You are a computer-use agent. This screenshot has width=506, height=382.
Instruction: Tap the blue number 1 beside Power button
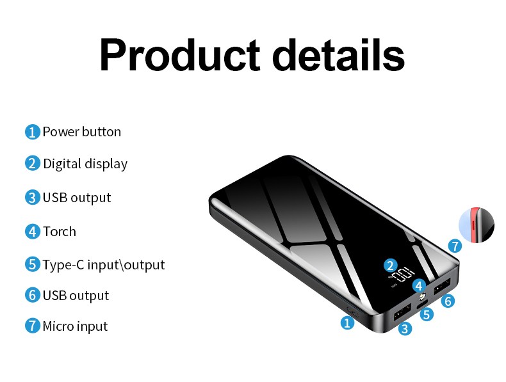pyautogui.click(x=33, y=132)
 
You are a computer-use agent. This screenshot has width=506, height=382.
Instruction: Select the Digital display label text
pyautogui.click(x=85, y=164)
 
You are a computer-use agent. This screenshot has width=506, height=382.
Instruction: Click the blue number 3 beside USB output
pyautogui.click(x=33, y=198)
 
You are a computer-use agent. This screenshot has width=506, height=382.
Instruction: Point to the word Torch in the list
pyautogui.click(x=60, y=232)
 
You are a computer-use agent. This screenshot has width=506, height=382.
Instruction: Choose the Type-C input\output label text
pyautogui.click(x=104, y=265)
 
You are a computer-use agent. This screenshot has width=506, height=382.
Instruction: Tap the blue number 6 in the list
pyautogui.click(x=33, y=296)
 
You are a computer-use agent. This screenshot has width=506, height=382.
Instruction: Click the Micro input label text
pyautogui.click(x=75, y=326)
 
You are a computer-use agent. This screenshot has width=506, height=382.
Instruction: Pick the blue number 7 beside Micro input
pyautogui.click(x=33, y=326)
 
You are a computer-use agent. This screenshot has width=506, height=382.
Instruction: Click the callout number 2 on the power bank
pyautogui.click(x=391, y=265)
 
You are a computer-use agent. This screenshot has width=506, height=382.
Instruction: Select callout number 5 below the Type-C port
pyautogui.click(x=427, y=314)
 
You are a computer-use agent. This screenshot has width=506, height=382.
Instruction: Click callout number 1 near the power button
pyautogui.click(x=347, y=323)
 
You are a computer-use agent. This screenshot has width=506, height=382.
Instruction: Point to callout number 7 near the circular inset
pyautogui.click(x=455, y=246)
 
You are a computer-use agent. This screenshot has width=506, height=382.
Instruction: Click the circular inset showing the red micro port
pyautogui.click(x=477, y=225)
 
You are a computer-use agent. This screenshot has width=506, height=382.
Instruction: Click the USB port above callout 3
pyautogui.click(x=402, y=313)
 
